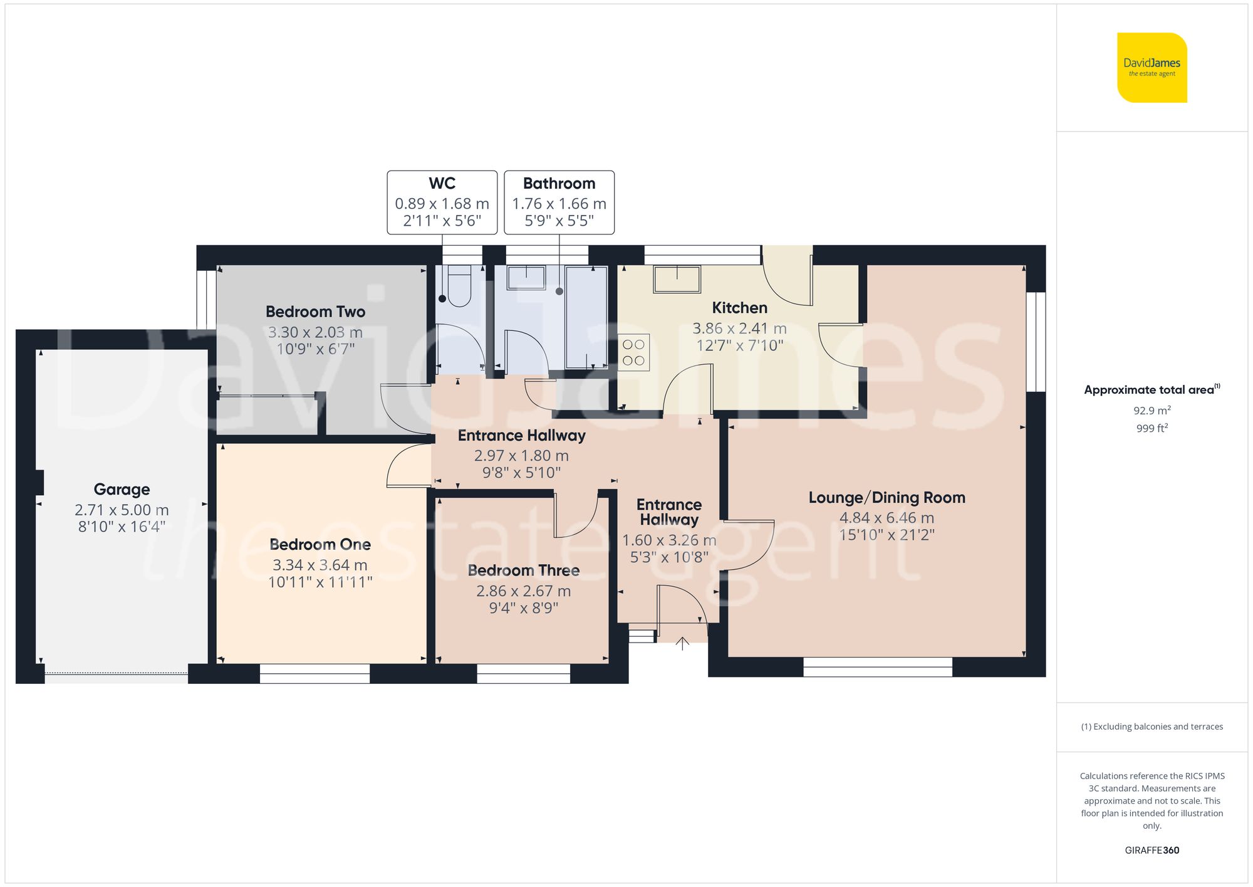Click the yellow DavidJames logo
[x=1152, y=68]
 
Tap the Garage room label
[x=122, y=489]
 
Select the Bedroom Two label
[x=315, y=312]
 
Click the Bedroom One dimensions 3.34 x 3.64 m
[x=320, y=565]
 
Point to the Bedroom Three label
[x=523, y=570]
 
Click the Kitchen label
[x=739, y=308]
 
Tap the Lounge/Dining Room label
[x=886, y=498]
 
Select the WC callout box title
[x=442, y=184]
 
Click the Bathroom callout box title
[x=559, y=184]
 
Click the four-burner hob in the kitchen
[x=633, y=352]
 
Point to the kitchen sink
[x=677, y=278]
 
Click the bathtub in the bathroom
[x=586, y=317]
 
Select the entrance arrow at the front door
[x=682, y=643]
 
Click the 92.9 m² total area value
[x=1152, y=411]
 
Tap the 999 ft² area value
[x=1152, y=429]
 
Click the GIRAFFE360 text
[x=1152, y=851]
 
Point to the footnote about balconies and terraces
[x=1152, y=727]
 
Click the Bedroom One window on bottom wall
[x=315, y=674]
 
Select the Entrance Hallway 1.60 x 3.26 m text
[x=668, y=540]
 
